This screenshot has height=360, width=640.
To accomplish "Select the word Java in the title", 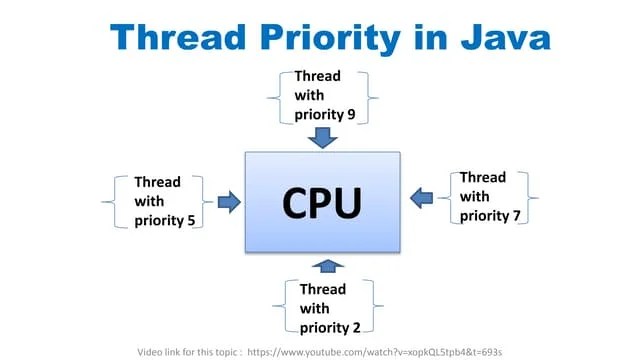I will (500, 37).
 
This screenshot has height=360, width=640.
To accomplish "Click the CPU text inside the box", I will (321, 202).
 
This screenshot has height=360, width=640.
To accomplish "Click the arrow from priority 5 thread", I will (229, 202).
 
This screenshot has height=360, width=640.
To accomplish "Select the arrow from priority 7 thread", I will (422, 195).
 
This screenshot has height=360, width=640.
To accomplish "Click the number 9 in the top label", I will (350, 113).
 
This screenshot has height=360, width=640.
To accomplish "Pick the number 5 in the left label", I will (190, 220).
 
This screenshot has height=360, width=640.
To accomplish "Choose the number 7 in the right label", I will (517, 215).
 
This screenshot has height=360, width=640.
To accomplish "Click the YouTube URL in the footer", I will (374, 352).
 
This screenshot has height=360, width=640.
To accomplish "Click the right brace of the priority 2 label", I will (376, 307).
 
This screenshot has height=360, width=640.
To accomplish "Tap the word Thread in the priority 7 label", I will (483, 177).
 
